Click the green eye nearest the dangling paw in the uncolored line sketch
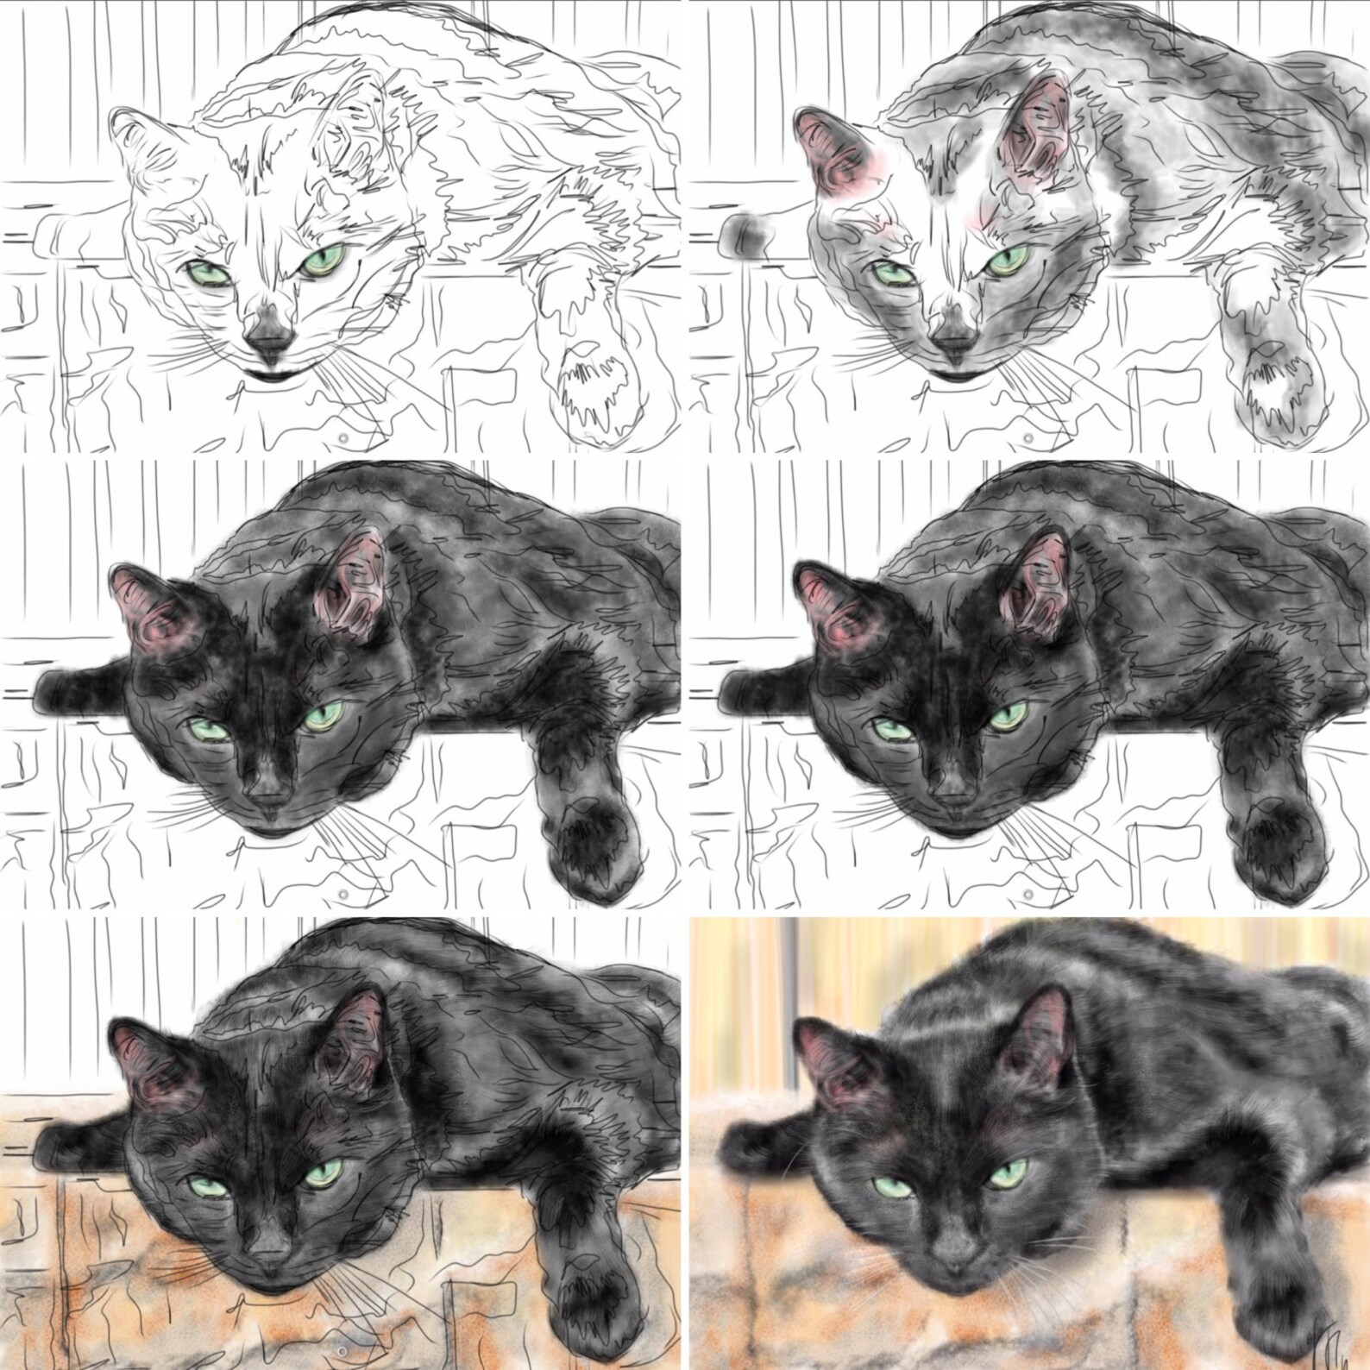[x=323, y=260]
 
